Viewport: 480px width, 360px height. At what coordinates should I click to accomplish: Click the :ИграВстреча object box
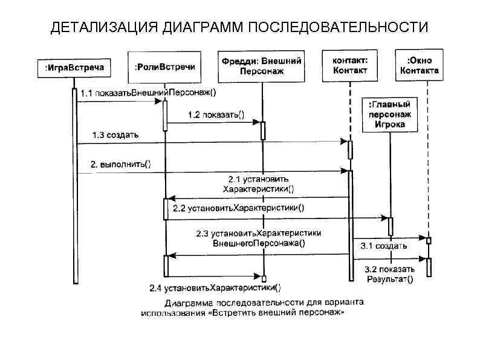point(74,68)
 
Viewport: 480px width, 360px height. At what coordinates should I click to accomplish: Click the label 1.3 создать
point(115,134)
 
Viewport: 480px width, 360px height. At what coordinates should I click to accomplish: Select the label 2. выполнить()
point(120,164)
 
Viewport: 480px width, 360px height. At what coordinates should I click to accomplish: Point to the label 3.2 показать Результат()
point(390,274)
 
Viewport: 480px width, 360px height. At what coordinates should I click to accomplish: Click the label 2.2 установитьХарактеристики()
point(239,208)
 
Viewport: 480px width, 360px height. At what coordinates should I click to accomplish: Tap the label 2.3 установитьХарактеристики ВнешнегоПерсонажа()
point(259,238)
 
